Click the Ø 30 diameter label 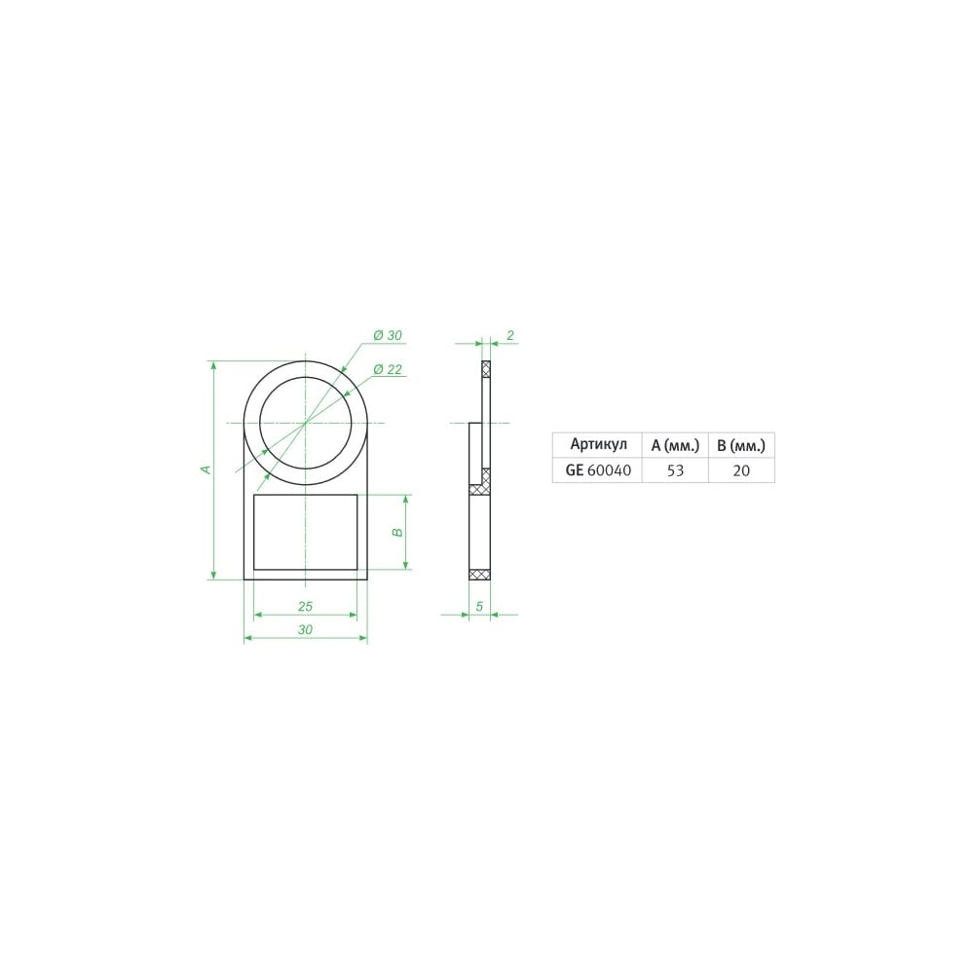[388, 335]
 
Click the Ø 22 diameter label [388, 369]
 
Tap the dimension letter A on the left [206, 469]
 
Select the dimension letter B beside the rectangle [398, 533]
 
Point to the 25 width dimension [305, 606]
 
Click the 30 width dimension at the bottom [305, 630]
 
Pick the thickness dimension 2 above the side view [510, 335]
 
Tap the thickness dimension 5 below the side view [479, 606]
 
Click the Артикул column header [598, 444]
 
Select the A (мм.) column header [675, 445]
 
